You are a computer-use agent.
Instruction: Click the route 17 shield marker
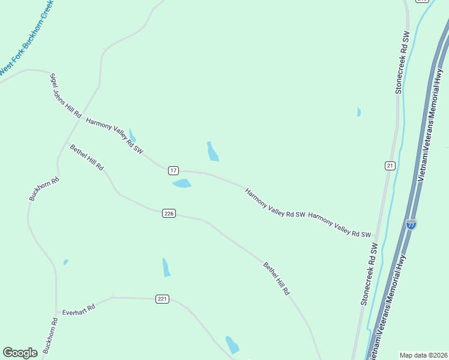(173, 171)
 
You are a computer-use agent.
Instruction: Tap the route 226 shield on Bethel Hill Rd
(169, 214)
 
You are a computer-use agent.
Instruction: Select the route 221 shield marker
(162, 299)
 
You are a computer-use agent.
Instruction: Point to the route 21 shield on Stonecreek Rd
(390, 166)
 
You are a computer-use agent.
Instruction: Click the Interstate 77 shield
(411, 224)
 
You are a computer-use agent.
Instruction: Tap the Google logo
(20, 353)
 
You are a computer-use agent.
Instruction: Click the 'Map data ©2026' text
(423, 355)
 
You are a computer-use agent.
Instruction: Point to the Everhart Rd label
(79, 309)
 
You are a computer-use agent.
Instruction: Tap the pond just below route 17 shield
(182, 184)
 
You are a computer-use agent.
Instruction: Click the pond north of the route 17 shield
(212, 152)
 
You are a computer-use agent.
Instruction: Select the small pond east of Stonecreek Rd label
(358, 112)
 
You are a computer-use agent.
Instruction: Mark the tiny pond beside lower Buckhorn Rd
(65, 262)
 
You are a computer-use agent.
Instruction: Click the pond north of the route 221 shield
(166, 268)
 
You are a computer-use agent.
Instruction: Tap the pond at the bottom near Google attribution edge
(232, 344)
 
